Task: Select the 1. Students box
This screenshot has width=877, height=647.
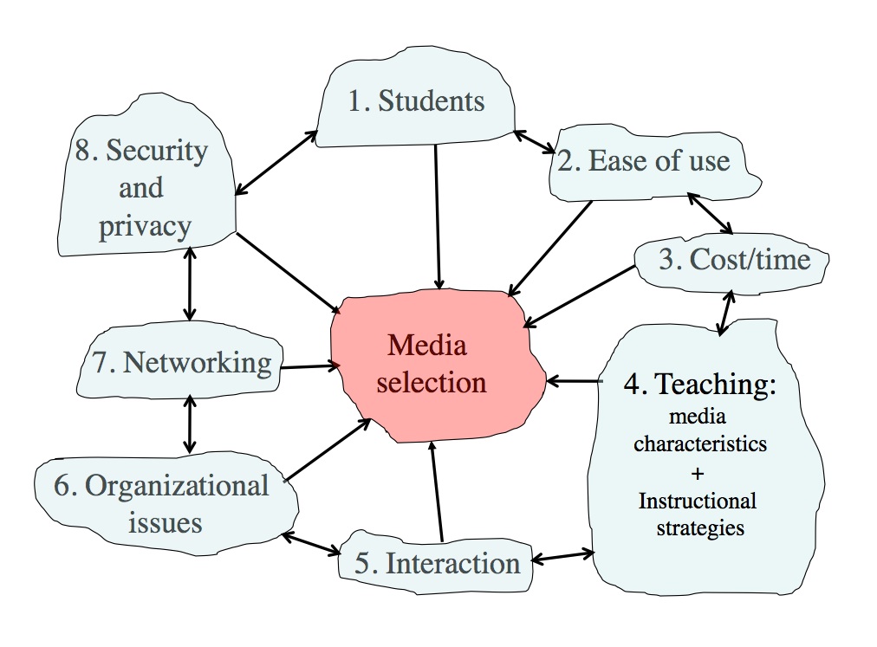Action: (x=416, y=102)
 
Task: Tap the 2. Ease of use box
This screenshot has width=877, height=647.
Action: (x=656, y=161)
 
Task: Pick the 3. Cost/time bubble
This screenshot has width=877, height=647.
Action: (x=733, y=260)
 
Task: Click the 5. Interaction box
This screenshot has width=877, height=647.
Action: (x=438, y=564)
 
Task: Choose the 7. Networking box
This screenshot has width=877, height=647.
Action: (x=182, y=362)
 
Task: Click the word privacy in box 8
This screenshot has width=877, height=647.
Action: (x=145, y=227)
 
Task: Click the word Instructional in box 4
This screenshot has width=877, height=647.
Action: (x=698, y=501)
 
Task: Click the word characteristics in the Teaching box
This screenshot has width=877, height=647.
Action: (x=699, y=444)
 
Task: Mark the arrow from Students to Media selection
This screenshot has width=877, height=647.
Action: (x=438, y=217)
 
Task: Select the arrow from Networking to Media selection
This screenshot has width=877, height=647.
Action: (x=308, y=367)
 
